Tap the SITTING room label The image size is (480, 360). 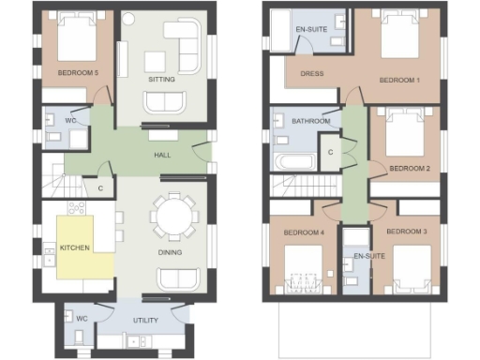pyautogui.click(x=162, y=80)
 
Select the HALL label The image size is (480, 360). pyautogui.click(x=162, y=154)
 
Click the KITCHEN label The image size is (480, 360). pyautogui.click(x=75, y=248)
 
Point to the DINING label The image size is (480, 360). pyautogui.click(x=170, y=251)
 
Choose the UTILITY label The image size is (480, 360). pyautogui.click(x=145, y=321)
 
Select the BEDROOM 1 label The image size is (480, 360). pyautogui.click(x=398, y=81)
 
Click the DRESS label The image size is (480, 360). pyautogui.click(x=311, y=73)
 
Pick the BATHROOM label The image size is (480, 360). pyautogui.click(x=310, y=122)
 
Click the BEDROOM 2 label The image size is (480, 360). pyautogui.click(x=410, y=169)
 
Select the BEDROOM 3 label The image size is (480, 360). pyautogui.click(x=407, y=231)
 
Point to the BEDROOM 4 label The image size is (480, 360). pyautogui.click(x=305, y=231)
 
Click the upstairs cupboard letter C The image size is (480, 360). pyautogui.click(x=330, y=152)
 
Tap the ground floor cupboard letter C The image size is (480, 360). pyautogui.click(x=100, y=187)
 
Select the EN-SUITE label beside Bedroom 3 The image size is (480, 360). pyautogui.click(x=368, y=255)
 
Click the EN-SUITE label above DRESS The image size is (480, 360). pyautogui.click(x=310, y=30)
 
